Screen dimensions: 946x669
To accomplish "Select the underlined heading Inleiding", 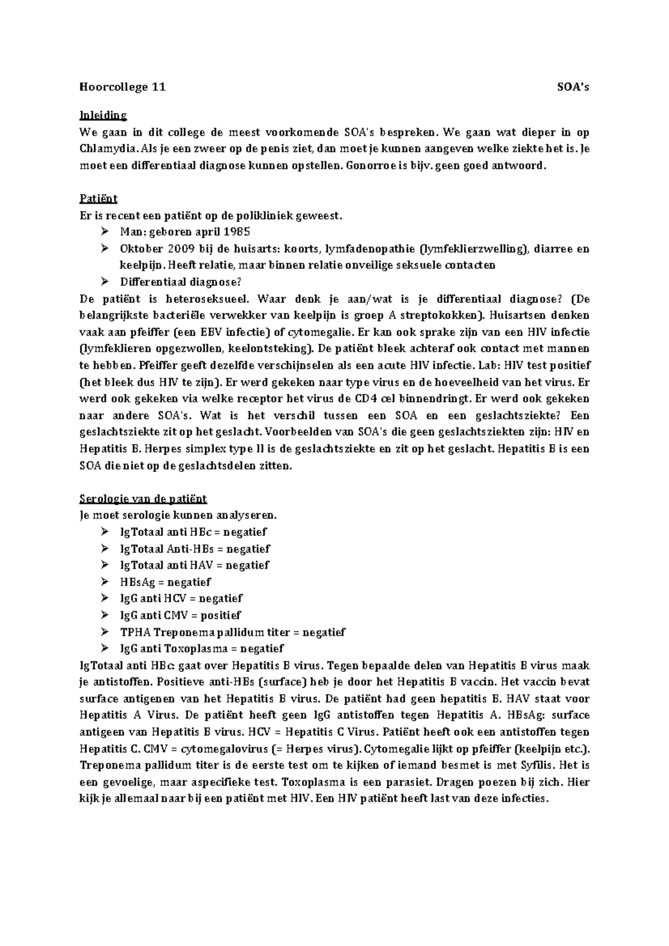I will (103, 115).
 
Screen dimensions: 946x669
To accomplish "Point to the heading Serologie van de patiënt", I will (143, 498).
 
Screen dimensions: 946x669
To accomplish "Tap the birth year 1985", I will (237, 232).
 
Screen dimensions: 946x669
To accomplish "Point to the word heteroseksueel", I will (206, 299).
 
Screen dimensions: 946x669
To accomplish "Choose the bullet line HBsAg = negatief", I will (166, 582).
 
